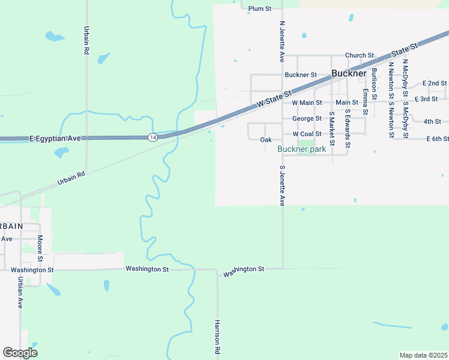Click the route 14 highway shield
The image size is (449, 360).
(152, 137)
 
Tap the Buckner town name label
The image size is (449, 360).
(348, 74)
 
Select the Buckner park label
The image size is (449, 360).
(301, 149)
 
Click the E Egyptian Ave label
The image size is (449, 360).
(55, 139)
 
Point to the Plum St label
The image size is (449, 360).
(260, 9)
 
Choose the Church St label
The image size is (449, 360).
(360, 55)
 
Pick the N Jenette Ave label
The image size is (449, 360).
(282, 42)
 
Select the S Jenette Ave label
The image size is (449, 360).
(282, 185)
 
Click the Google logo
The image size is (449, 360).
(20, 353)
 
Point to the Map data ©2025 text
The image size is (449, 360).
(423, 355)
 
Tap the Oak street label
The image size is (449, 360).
(266, 140)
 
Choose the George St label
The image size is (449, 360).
(307, 119)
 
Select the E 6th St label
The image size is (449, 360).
(438, 139)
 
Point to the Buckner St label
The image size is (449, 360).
(301, 75)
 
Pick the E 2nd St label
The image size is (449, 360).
(435, 83)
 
